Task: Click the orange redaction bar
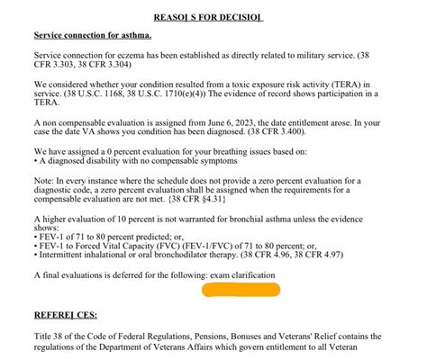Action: click(x=241, y=291)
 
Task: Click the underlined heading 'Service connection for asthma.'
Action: click(x=93, y=36)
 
